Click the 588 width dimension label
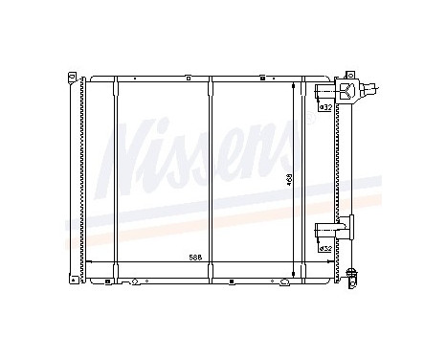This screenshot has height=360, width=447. (194, 258)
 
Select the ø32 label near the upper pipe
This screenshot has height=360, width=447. (324, 106)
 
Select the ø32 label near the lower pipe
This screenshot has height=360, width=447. (324, 248)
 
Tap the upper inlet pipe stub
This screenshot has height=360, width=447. (324, 91)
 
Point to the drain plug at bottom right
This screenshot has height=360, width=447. (355, 279)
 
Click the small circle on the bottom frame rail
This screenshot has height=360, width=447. (135, 281)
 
